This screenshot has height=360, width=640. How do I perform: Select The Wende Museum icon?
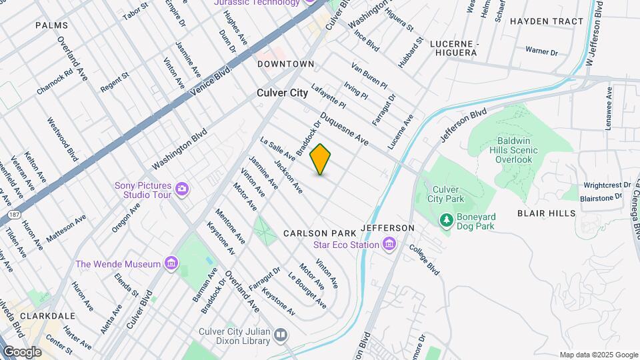(172, 264)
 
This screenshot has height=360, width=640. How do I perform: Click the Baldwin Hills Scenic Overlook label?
(517, 151)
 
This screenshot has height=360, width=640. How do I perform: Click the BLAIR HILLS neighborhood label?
(546, 213)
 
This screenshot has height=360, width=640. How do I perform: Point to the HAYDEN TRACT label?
(546, 21)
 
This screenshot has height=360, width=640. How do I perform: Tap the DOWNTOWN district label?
(286, 64)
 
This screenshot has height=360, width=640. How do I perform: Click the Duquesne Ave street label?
(344, 129)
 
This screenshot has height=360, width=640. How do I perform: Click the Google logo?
(22, 352)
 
